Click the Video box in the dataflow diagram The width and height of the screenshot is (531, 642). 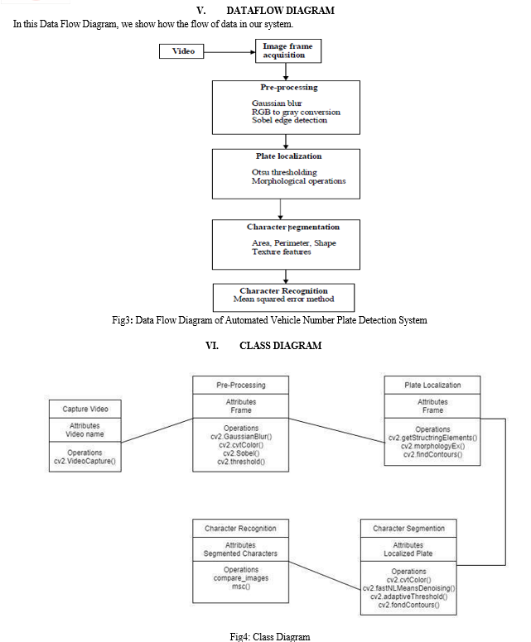[181, 51]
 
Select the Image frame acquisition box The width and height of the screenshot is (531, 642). [288, 50]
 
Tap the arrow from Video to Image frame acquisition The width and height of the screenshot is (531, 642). [229, 52]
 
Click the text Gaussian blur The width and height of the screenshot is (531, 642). [277, 103]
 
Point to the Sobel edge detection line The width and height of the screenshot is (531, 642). [289, 121]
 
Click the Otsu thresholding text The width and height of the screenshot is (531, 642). [284, 172]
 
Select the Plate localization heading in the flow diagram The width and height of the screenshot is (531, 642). [288, 156]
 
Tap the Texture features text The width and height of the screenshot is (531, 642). [282, 252]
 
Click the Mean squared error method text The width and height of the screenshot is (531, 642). [284, 299]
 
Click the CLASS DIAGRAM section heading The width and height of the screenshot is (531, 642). [281, 346]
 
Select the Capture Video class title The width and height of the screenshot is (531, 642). [85, 409]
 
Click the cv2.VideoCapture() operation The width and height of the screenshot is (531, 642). [84, 461]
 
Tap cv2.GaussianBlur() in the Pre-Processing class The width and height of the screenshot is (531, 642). [241, 437]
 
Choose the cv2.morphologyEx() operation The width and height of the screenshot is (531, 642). [432, 446]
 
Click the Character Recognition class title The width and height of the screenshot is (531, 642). [241, 529]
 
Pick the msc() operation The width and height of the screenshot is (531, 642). [241, 587]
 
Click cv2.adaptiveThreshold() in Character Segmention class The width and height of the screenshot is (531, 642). [408, 596]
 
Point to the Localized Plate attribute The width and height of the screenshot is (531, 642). [408, 553]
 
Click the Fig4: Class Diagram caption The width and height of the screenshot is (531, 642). [270, 637]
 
